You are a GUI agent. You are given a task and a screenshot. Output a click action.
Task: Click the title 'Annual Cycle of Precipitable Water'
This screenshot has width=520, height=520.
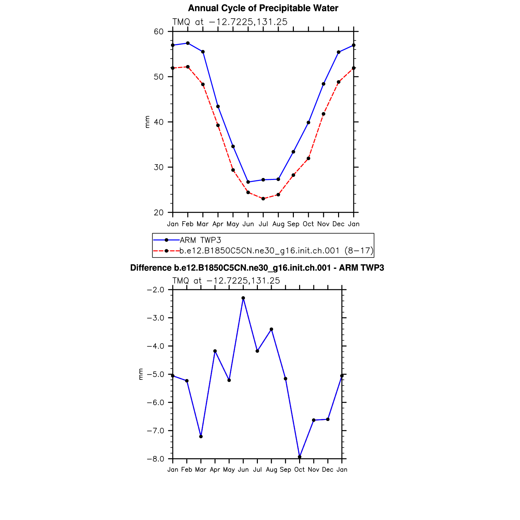coord(263,8)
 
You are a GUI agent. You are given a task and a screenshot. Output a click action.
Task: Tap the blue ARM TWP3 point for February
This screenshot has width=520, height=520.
coord(188,43)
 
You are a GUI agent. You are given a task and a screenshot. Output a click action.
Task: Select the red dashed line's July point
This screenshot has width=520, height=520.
coord(263,199)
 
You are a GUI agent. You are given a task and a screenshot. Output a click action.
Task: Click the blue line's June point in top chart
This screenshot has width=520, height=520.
coord(248,182)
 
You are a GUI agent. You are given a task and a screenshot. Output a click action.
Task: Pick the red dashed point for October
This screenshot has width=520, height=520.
coord(308,158)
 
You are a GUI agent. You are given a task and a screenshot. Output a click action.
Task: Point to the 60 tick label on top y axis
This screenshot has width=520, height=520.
coord(159,32)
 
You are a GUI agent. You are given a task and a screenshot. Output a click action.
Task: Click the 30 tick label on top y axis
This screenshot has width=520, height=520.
coord(159,167)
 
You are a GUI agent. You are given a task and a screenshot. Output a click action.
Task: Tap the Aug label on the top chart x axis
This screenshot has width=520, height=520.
coord(278,224)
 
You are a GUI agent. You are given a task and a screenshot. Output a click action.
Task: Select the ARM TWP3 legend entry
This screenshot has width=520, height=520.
coord(200,240)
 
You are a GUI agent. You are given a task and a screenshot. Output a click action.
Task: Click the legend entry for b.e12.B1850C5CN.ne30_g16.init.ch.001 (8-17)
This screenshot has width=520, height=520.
coord(276,251)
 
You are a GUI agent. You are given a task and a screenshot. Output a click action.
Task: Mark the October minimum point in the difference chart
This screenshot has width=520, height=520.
coord(299,457)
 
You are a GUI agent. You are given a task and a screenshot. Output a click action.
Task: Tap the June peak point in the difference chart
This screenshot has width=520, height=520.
coord(243,298)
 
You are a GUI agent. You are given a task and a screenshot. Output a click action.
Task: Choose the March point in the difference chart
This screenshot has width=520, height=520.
coord(201,436)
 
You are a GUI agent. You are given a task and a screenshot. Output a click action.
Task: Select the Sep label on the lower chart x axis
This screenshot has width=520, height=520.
coord(285,470)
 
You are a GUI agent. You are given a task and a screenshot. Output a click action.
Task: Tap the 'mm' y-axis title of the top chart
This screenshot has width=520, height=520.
coord(147,122)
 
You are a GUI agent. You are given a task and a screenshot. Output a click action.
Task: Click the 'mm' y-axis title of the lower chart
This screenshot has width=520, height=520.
coord(141,374)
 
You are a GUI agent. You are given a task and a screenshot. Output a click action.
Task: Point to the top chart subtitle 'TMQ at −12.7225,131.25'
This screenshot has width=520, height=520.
coord(230,22)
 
